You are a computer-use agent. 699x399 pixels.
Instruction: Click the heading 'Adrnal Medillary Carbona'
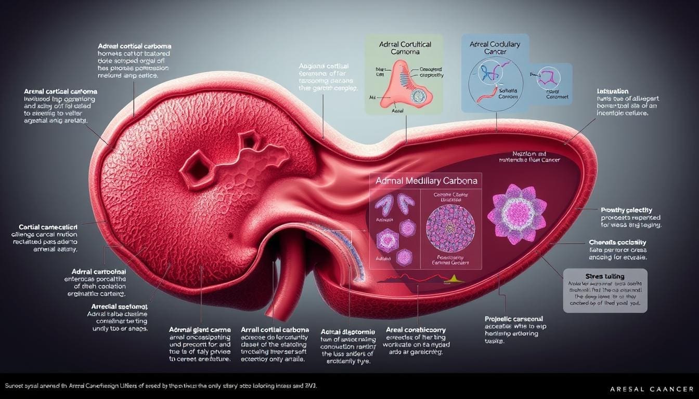tap(425, 181)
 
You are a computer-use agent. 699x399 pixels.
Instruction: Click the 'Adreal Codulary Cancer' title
tap(494, 48)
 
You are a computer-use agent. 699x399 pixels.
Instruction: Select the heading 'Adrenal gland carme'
tap(199, 329)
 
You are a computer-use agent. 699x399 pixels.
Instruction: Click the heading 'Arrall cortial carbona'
tap(275, 329)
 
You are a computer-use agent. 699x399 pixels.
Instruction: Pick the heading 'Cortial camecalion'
tap(48, 228)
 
